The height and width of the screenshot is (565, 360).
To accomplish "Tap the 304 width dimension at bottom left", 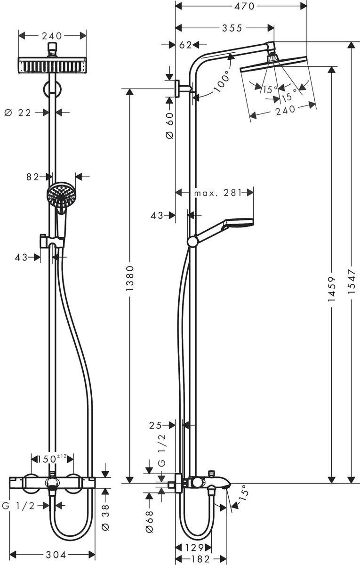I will tap(52, 554).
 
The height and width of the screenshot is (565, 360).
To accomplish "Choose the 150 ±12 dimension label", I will tap(52, 458).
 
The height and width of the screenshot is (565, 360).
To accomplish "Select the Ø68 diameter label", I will tap(150, 522).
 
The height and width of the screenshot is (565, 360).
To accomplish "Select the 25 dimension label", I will tap(156, 425).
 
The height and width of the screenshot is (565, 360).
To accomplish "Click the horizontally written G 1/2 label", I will tap(19, 506).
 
